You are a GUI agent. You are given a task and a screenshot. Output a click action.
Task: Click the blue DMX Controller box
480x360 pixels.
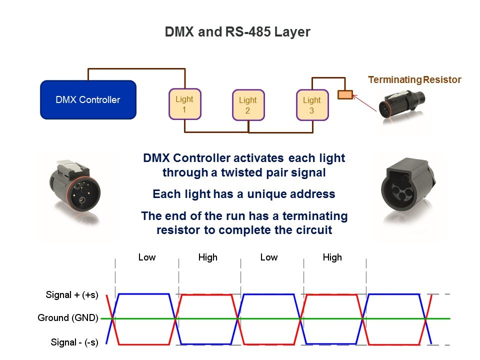tap(88, 99)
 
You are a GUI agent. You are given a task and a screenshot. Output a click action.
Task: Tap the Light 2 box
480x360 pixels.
tap(248, 105)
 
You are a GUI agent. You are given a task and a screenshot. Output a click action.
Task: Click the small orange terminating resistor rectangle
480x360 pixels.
tap(345, 94)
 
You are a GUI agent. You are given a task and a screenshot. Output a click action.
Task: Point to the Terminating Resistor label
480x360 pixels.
tap(414, 79)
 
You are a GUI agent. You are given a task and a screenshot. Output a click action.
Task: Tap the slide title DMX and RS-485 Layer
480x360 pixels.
tap(237, 32)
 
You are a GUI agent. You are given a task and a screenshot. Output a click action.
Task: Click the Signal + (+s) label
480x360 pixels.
tap(72, 295)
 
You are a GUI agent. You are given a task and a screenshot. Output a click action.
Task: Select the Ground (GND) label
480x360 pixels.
tap(68, 318)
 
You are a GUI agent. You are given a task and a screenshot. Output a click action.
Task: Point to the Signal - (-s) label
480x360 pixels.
tap(74, 342)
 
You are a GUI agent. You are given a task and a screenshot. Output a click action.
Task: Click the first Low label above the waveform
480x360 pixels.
tap(147, 257)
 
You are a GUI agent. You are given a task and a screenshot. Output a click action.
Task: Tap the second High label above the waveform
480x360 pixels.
tap(332, 257)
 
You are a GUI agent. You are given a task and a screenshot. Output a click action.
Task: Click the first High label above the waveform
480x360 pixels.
tap(207, 257)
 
